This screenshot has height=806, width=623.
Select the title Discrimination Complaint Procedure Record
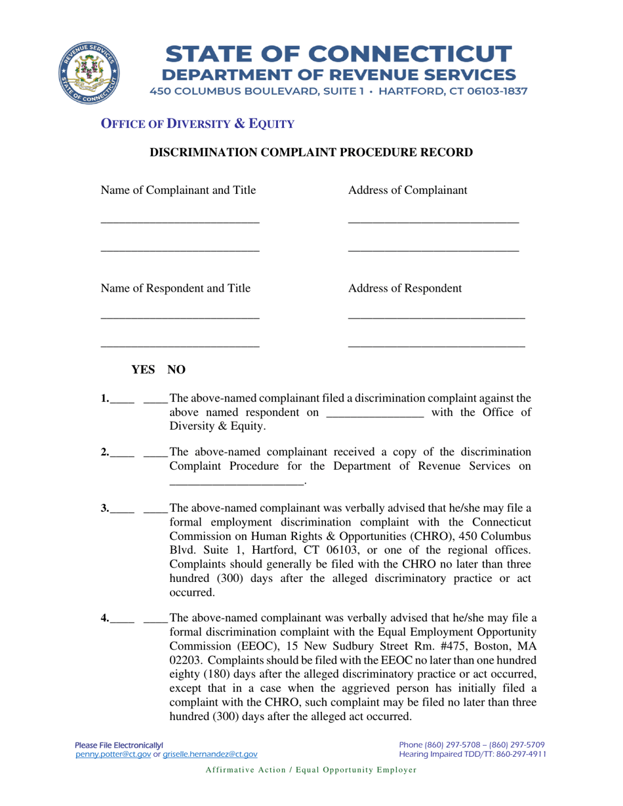coord(311,153)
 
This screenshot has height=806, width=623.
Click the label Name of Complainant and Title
coord(178,191)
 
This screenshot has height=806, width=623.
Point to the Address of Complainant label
coord(408,191)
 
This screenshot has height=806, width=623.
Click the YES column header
coord(144,370)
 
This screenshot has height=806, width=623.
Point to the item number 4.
coord(105,617)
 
